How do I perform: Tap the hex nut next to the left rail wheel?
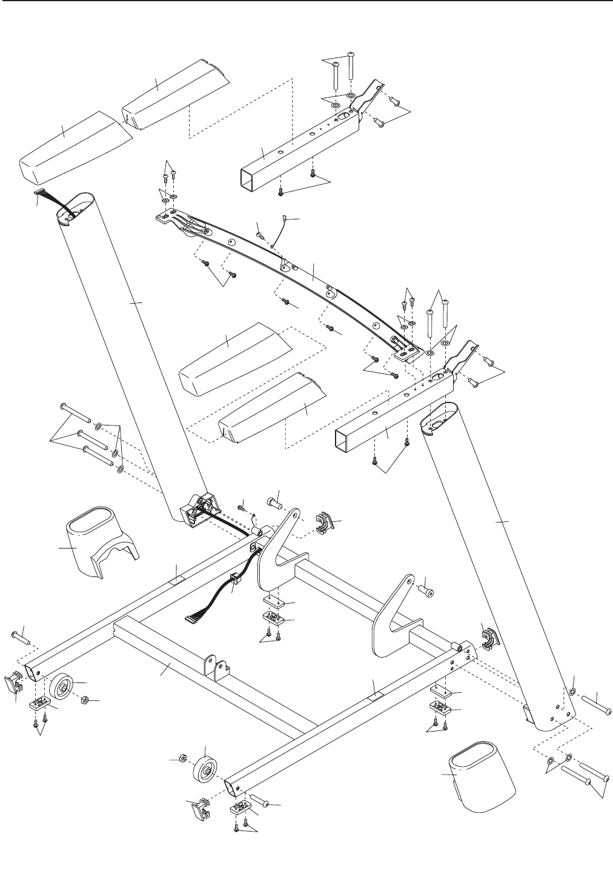pos(85,700)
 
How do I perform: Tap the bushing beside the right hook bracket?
pos(428,588)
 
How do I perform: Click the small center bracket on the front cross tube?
pos(215,667)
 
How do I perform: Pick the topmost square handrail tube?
pos(297,145)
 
